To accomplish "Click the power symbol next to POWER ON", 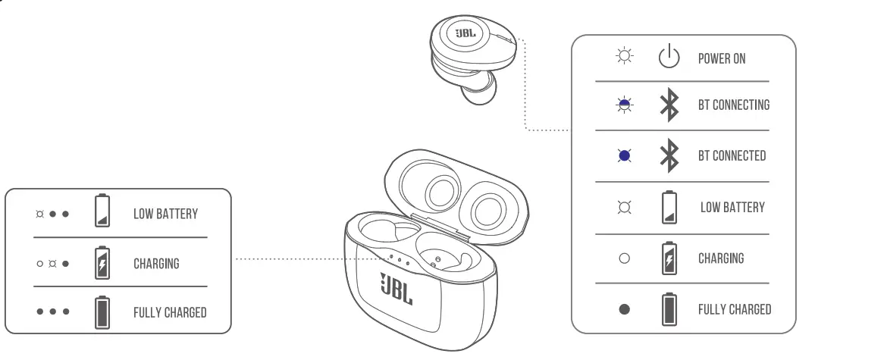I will coord(668,58).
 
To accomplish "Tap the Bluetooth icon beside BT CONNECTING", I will coord(668,105).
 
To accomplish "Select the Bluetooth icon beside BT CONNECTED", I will coord(668,155).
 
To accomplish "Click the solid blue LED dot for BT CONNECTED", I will coord(625,156).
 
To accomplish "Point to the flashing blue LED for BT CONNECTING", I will coord(625,105).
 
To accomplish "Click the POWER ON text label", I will coord(721,58).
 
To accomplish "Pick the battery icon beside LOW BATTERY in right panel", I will coord(668,206).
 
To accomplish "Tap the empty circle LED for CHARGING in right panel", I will coord(625,258).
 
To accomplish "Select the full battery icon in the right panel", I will coord(668,308).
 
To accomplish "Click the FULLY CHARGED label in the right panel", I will coord(734,309).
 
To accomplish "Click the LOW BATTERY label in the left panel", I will coord(165,214).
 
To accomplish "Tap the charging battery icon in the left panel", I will coord(102,263).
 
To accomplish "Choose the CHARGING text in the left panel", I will coord(156,264).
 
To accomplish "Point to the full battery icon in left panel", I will coord(102,311).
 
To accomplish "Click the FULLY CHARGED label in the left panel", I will coord(170,312).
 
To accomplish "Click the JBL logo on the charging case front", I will coord(396,288).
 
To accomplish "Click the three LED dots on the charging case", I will coord(399,261).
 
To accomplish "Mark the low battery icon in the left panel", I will coord(102,212).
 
